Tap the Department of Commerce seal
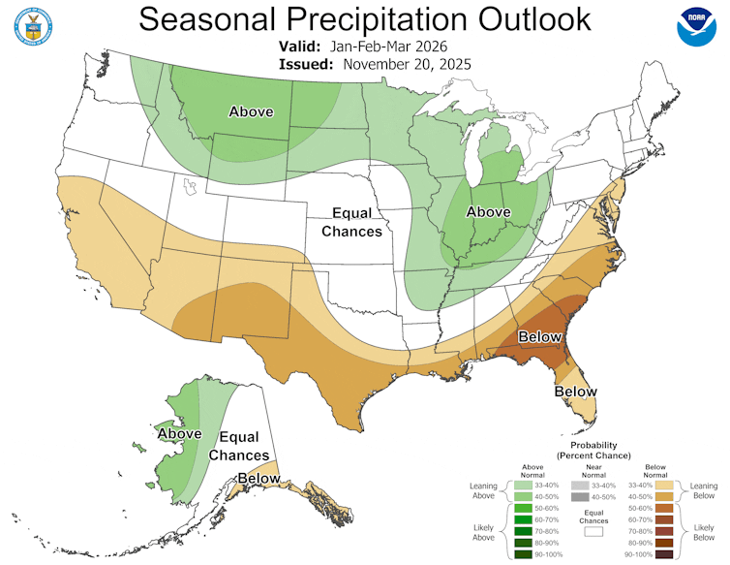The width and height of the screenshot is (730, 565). point(32,26)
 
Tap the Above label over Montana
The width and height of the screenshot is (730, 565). point(251,112)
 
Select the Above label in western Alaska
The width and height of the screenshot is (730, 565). point(179,434)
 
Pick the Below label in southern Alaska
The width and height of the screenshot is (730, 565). point(259,478)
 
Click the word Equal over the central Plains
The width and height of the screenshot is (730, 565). point(352,213)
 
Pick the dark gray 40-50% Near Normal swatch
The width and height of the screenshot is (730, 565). point(580,496)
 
